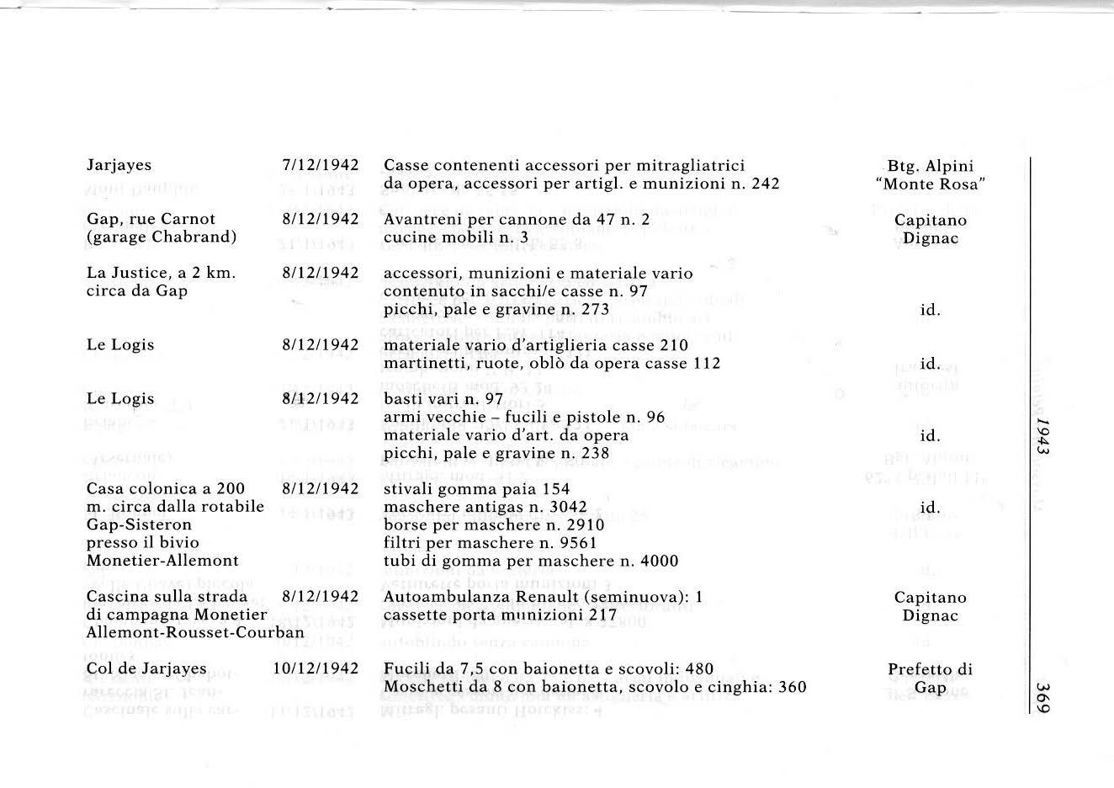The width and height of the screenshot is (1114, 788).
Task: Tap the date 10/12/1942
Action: point(316,668)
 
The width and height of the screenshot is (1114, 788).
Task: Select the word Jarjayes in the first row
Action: point(119,165)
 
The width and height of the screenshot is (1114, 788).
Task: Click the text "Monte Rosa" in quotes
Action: point(930,184)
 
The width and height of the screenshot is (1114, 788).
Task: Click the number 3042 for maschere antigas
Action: point(549,507)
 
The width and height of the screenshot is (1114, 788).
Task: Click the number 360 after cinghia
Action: point(793,687)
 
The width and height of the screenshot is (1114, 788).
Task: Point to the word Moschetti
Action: point(422,687)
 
